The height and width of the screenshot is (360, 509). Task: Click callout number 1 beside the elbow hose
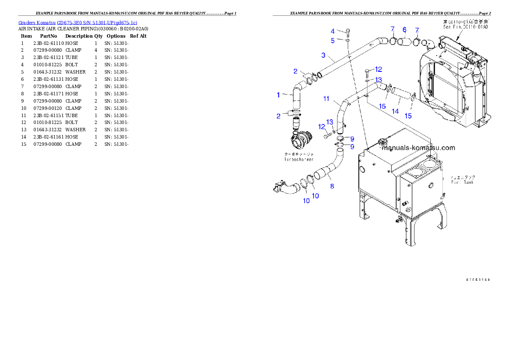coord(278,95)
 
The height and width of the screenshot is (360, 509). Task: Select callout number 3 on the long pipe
coord(324,55)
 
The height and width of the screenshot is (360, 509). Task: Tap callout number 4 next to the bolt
coord(333,31)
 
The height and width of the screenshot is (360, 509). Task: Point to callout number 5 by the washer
coord(333,41)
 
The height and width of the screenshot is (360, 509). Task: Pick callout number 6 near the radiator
coord(404,30)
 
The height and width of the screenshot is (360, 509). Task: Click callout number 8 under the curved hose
coord(332,186)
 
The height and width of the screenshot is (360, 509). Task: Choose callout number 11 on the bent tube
coord(326,99)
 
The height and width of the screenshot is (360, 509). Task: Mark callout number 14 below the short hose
coord(395,111)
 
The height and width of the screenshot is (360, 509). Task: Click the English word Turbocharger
coord(299,159)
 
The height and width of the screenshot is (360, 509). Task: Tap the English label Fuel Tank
coord(462,182)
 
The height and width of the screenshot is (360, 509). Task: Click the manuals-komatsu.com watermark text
coord(418,148)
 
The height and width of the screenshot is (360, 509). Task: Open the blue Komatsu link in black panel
coord(78,23)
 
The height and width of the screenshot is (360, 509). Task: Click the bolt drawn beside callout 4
coord(347,32)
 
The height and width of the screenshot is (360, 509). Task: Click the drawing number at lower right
coord(478,280)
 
